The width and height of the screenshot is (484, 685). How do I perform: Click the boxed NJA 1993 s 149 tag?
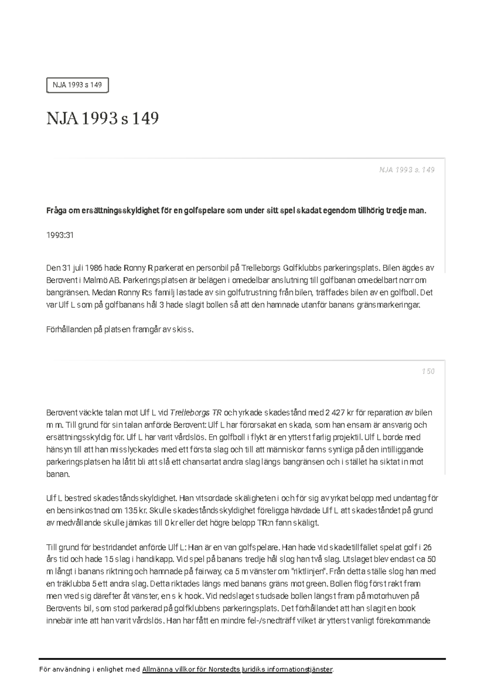click(x=77, y=85)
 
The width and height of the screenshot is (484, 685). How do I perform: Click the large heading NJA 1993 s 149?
click(x=102, y=119)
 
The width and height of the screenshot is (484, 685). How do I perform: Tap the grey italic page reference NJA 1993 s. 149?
click(x=407, y=170)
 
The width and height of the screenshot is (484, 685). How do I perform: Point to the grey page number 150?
click(x=428, y=371)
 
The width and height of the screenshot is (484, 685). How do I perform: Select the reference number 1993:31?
click(x=60, y=235)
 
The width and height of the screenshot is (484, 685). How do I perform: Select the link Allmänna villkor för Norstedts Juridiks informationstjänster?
click(x=238, y=670)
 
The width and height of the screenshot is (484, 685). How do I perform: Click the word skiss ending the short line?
click(x=184, y=329)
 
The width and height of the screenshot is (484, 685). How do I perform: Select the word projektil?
click(x=348, y=437)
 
